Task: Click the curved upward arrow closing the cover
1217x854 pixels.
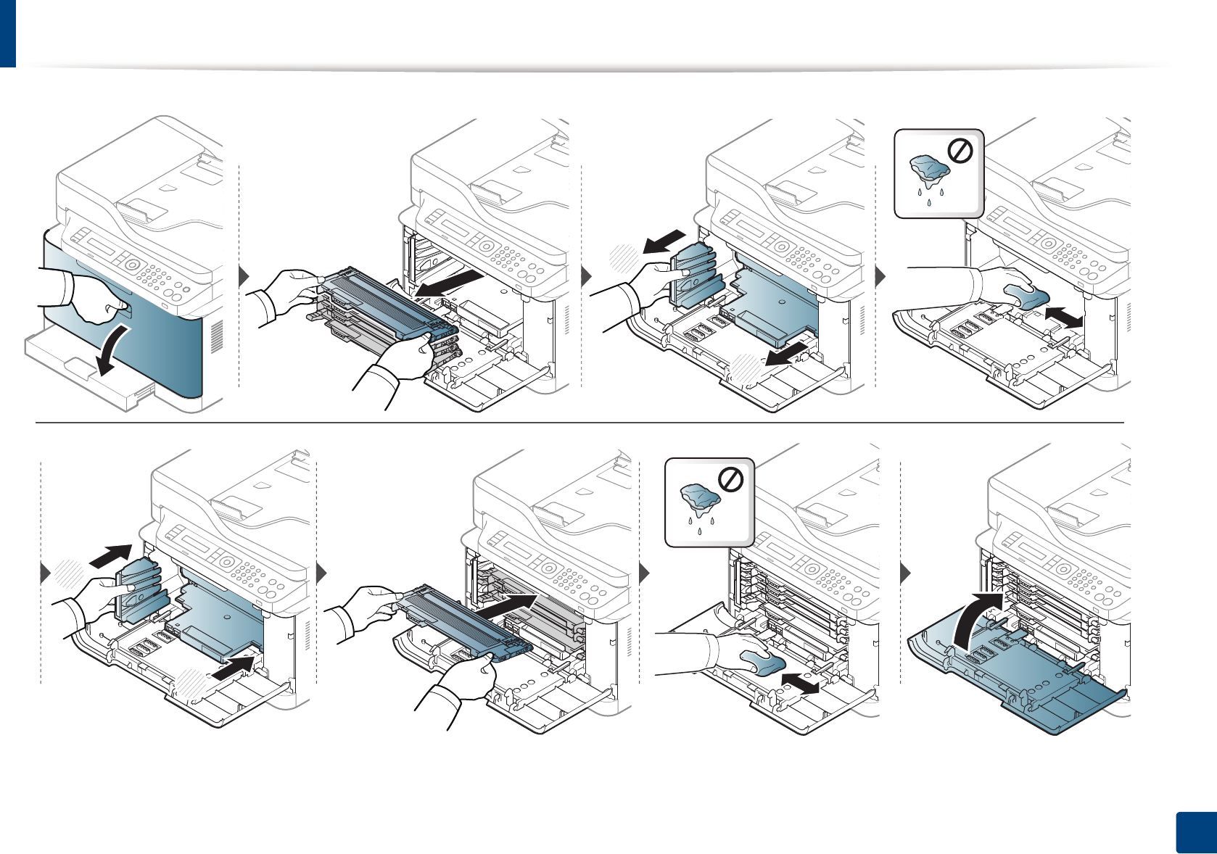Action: tap(976, 620)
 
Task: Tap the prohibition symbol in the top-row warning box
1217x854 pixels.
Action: tap(960, 152)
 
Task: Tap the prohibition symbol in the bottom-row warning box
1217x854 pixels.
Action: tap(730, 480)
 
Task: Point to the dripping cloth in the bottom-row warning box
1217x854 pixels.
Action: tap(700, 501)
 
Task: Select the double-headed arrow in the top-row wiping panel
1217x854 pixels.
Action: tap(1063, 317)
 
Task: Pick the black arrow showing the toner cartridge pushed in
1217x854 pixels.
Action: tap(508, 607)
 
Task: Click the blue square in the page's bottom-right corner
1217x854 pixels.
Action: tap(1194, 833)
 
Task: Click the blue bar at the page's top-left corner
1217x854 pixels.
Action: tap(7, 33)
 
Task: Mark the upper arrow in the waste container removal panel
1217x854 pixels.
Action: tap(664, 242)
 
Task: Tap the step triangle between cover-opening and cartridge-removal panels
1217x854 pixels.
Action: tap(244, 276)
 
